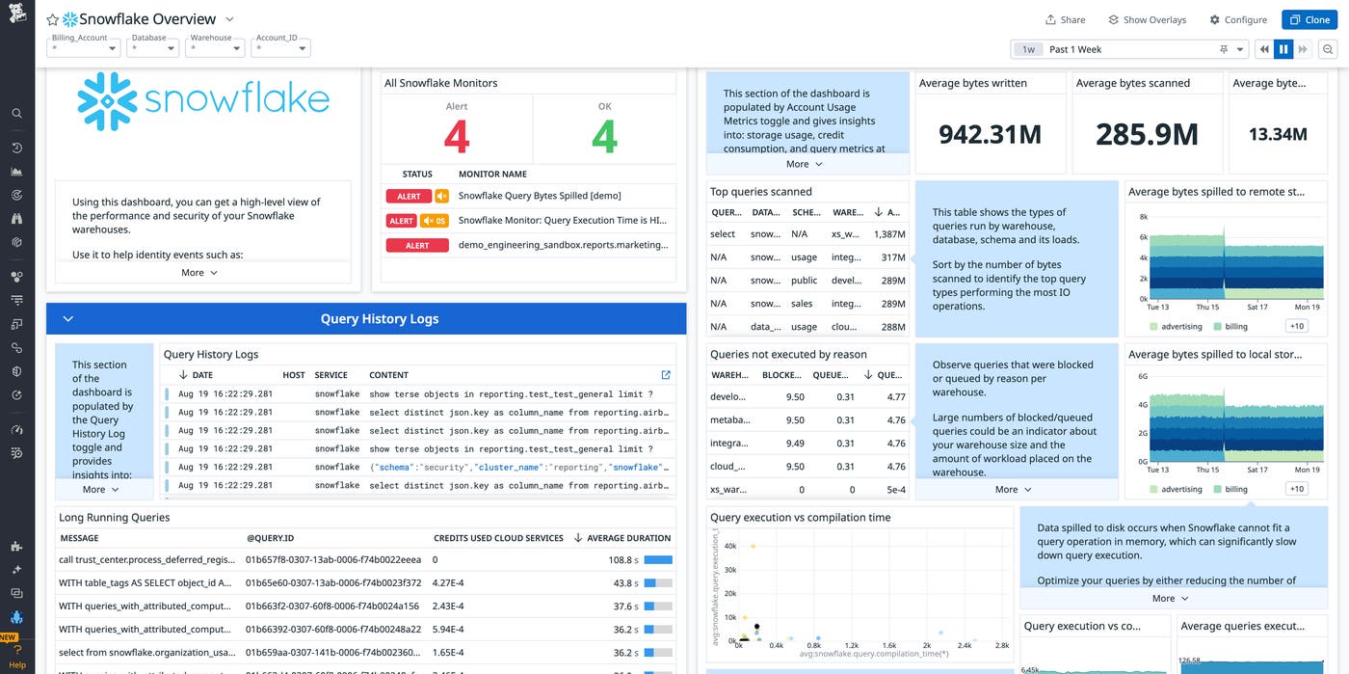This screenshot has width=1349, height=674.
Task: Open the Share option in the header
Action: click(1066, 19)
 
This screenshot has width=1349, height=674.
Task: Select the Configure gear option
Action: click(1238, 19)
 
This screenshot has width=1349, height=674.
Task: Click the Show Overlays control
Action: click(1147, 19)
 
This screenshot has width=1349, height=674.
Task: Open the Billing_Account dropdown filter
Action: click(85, 47)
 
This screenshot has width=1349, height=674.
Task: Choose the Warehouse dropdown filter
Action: click(215, 47)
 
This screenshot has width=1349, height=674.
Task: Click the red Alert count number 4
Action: click(457, 138)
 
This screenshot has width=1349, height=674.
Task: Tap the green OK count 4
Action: click(604, 138)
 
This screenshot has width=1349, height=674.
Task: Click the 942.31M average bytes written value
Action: click(990, 134)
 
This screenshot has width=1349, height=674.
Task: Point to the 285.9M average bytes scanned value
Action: click(1147, 134)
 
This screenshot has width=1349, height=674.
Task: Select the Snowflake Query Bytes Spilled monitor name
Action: click(540, 197)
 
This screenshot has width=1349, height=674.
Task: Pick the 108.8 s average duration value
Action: click(620, 559)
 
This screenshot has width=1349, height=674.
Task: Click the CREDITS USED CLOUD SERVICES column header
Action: click(498, 538)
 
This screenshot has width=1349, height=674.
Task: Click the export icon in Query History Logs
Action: click(666, 375)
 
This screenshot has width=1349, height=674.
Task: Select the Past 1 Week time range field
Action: click(1127, 49)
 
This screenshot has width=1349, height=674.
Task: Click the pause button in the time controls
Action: click(1283, 49)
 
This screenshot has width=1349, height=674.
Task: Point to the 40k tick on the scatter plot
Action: click(729, 546)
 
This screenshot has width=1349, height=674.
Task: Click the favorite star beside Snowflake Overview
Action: click(53, 19)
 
